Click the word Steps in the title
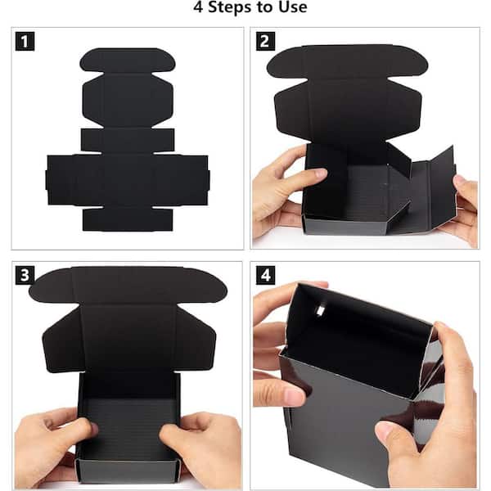(x=230, y=7)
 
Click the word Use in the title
(x=292, y=7)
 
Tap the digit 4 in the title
(x=198, y=7)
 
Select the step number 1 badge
(x=25, y=41)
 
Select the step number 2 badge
(x=265, y=41)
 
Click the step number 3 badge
(x=25, y=275)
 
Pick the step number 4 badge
(x=265, y=275)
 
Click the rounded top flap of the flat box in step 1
(x=128, y=60)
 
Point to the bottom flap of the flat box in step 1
(x=128, y=219)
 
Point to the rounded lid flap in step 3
(x=128, y=286)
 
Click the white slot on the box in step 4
(x=320, y=310)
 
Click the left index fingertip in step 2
(x=320, y=173)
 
